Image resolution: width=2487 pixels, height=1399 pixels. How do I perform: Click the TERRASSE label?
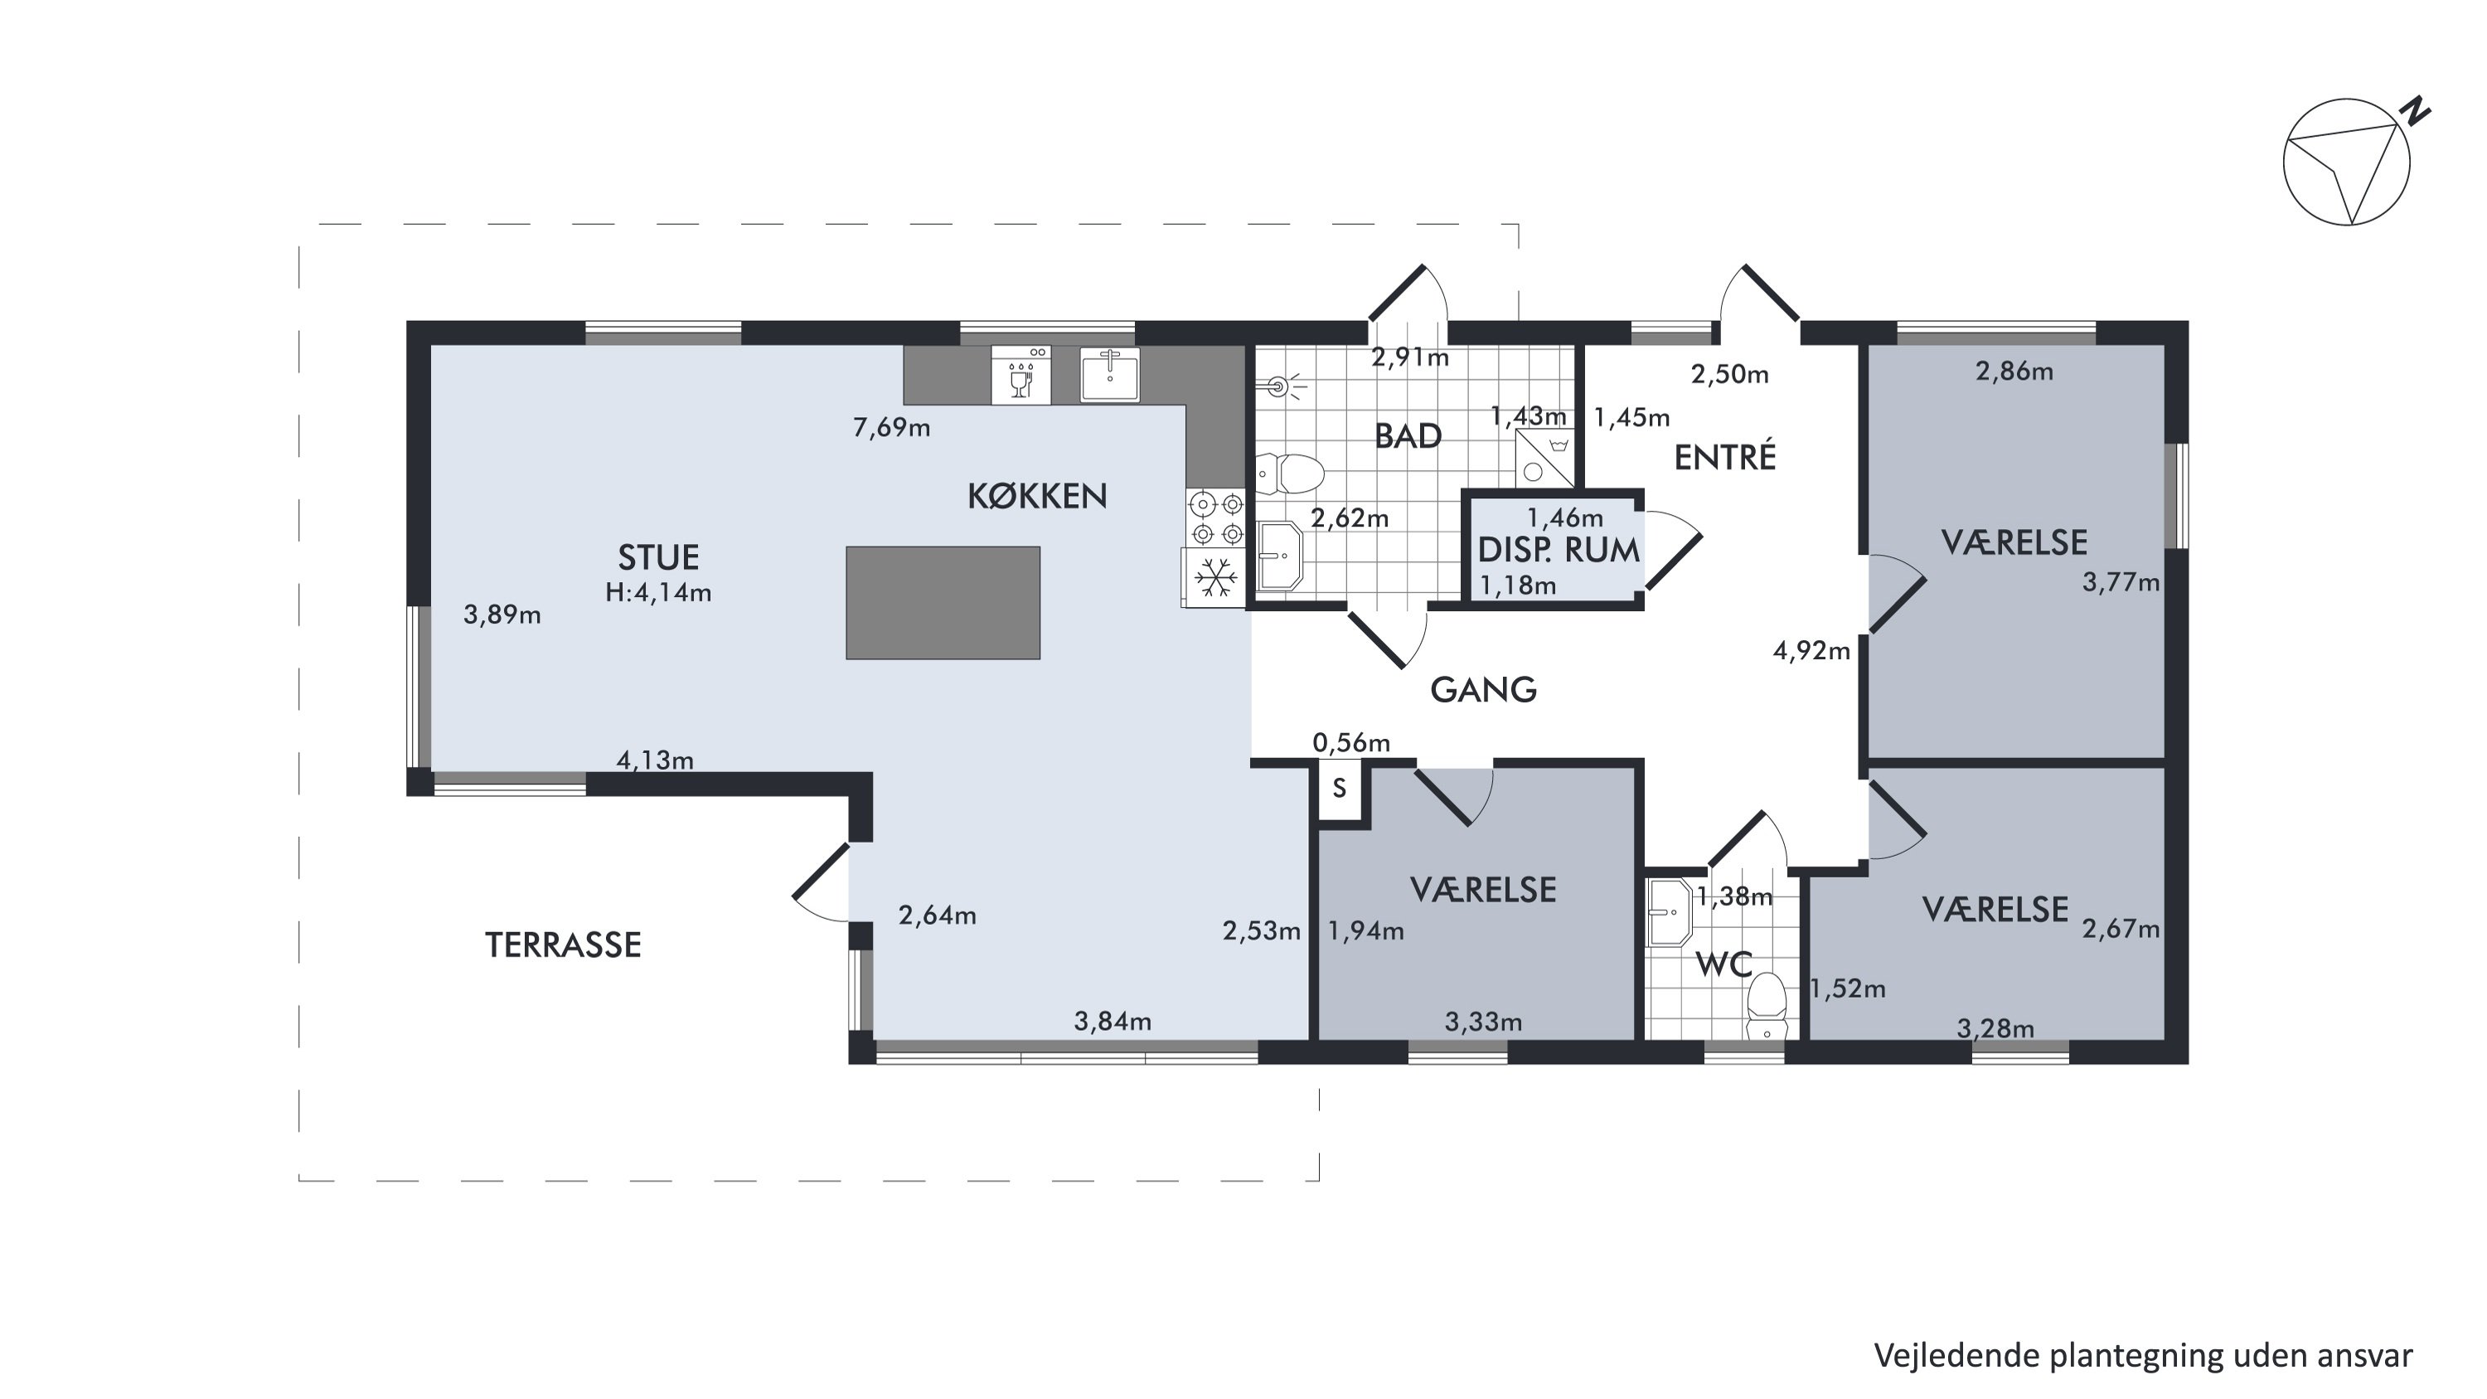pyautogui.click(x=563, y=945)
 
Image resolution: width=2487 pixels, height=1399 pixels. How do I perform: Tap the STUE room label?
pyautogui.click(x=658, y=558)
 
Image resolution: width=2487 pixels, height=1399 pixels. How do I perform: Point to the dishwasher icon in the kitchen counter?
pyautogui.click(x=1021, y=375)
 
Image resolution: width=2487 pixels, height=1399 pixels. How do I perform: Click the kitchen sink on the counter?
pyautogui.click(x=1110, y=375)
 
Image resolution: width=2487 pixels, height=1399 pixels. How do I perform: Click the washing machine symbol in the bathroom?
pyautogui.click(x=1544, y=458)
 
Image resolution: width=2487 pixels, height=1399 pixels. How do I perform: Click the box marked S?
pyautogui.click(x=1340, y=789)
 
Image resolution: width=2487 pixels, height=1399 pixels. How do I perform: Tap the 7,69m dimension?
pyautogui.click(x=891, y=428)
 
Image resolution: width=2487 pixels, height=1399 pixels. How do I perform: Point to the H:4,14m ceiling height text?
pyautogui.click(x=658, y=593)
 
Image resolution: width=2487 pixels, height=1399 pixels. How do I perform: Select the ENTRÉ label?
pyautogui.click(x=1725, y=458)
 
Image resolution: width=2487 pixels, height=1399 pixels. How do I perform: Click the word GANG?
pyautogui.click(x=1483, y=690)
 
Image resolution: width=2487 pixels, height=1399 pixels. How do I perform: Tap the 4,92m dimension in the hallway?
pyautogui.click(x=1811, y=652)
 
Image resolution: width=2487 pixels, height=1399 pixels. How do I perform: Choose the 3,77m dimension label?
pyautogui.click(x=2120, y=583)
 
